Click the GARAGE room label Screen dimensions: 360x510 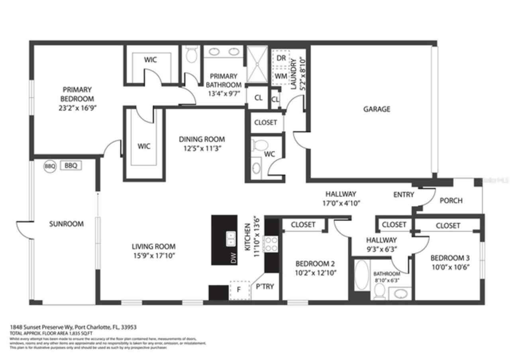(x=377, y=109)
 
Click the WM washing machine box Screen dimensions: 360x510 (x=281, y=76)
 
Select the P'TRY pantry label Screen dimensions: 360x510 (x=265, y=286)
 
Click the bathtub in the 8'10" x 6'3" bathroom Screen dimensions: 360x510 (x=362, y=275)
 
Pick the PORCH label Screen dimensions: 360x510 (x=451, y=200)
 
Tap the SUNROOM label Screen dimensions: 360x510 (x=67, y=224)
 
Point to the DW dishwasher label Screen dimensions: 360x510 (x=233, y=258)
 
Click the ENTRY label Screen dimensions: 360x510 (x=404, y=195)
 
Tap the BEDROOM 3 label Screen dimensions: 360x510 (x=447, y=258)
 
